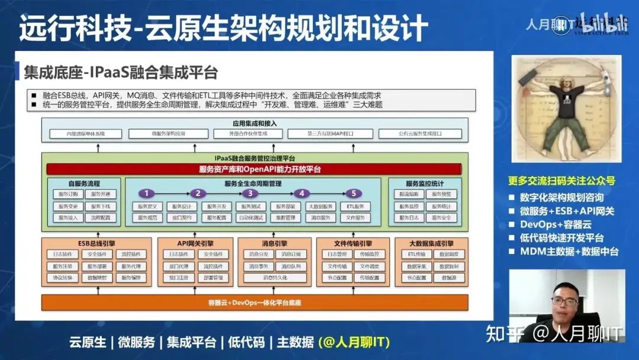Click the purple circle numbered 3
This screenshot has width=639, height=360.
pos(250,193)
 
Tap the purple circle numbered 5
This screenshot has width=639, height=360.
pos(353,193)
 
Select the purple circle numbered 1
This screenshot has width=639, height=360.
pos(146,193)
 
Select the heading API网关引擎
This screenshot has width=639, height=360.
pos(195,243)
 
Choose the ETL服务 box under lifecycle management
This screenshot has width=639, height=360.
pos(355,207)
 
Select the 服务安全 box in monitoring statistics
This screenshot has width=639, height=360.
pos(441,218)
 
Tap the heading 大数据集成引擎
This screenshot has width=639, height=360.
pos(431,243)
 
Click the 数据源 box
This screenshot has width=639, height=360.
pos(449,277)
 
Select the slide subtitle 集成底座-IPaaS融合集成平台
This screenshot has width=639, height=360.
pos(121,72)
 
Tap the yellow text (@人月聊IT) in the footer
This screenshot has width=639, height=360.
pos(353,342)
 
